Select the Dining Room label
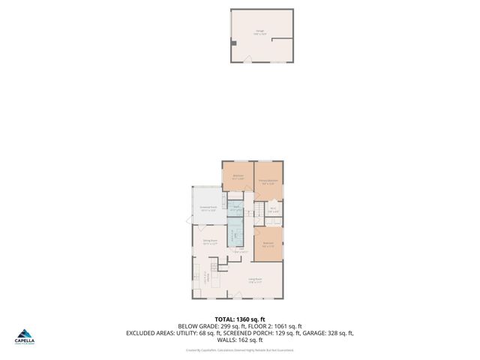[x=209, y=242]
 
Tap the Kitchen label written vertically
[x=205, y=278]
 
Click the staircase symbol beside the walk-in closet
[x=260, y=211]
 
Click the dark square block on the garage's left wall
[x=234, y=43]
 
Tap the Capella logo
[x=26, y=337]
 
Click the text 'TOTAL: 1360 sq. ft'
[x=240, y=319]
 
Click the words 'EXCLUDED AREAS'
[x=150, y=333]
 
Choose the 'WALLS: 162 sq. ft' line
[x=240, y=340]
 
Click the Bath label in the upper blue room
[x=235, y=208]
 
